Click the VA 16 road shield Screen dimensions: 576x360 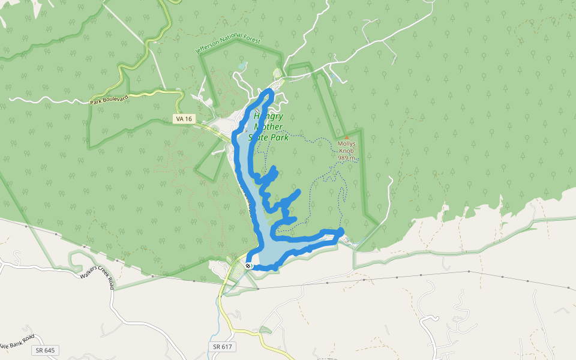(x=184, y=119)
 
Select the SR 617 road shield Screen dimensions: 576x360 (x=223, y=347)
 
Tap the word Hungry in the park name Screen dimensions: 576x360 (x=268, y=116)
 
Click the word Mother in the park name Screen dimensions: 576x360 (x=268, y=127)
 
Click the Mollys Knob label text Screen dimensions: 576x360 (x=347, y=148)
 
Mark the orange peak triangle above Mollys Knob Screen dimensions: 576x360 (x=346, y=137)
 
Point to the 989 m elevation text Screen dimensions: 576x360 (x=347, y=158)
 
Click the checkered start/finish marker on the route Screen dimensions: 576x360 (x=248, y=265)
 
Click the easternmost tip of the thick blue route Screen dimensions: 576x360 (x=341, y=231)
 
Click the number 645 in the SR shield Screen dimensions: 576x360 (x=50, y=350)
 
